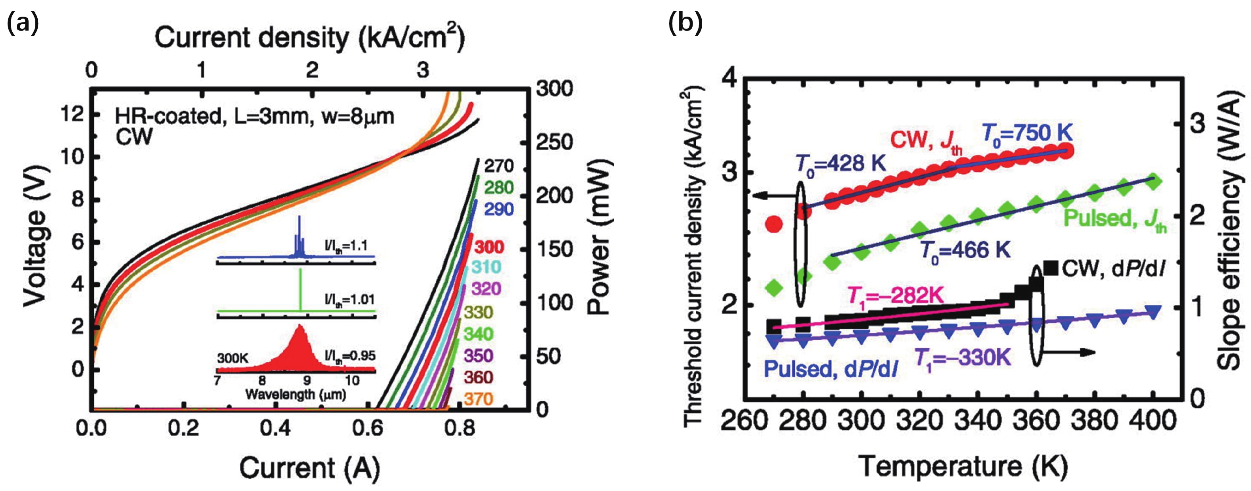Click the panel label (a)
coord(22,24)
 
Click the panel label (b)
coord(685,24)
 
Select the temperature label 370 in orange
coord(478,399)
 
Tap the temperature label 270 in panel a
coord(498,166)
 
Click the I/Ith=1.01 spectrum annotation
coord(349,299)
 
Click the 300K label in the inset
coord(233,358)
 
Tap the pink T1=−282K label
coord(896,295)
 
